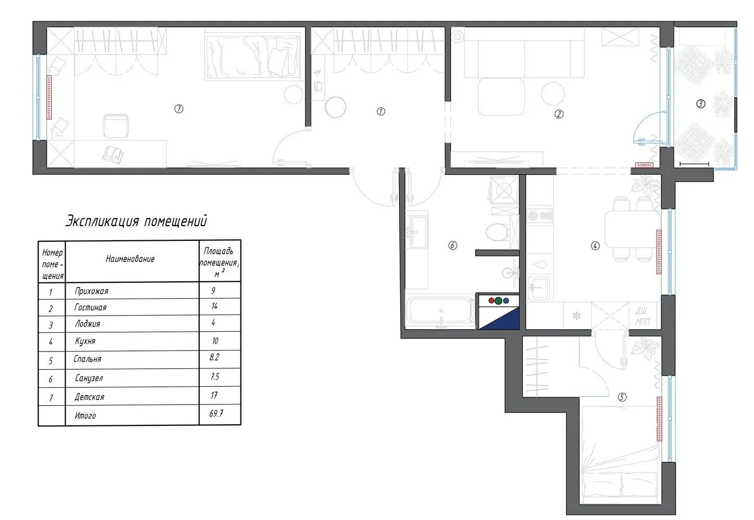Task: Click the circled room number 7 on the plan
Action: (178, 109)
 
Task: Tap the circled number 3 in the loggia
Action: (700, 104)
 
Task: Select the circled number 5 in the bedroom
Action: (622, 397)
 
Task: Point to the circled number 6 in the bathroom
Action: (453, 245)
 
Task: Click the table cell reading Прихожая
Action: (92, 291)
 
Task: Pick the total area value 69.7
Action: (216, 413)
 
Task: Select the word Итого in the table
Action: (85, 415)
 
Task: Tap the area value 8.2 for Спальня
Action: (214, 357)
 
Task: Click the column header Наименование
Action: (130, 259)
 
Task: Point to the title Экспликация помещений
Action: (136, 222)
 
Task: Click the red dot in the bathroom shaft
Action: (491, 301)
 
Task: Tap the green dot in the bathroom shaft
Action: (499, 301)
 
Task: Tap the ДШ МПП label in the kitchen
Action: (643, 316)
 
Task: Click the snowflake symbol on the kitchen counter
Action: (577, 316)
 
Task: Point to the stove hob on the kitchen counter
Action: (540, 215)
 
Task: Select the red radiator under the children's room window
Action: (49, 97)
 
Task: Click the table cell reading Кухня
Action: (85, 341)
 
